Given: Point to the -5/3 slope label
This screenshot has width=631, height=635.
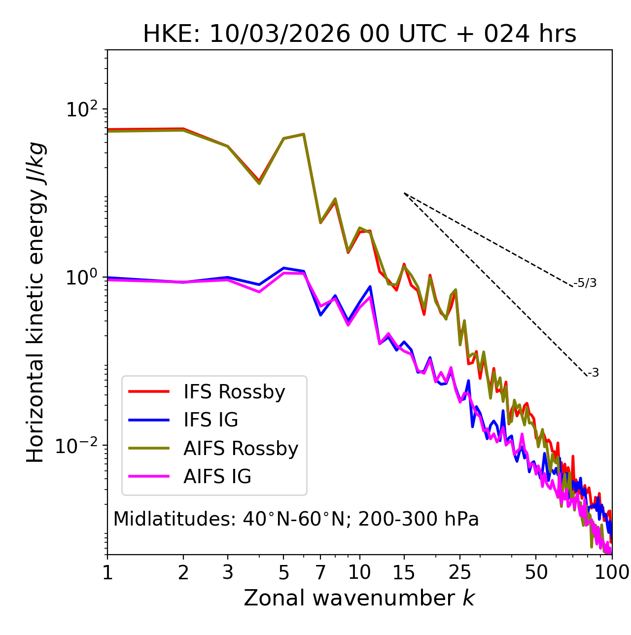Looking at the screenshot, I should coord(585,283).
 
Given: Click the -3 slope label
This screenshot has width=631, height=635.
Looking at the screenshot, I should coord(594,373).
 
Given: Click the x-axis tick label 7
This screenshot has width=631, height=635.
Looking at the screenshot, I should coord(320,572).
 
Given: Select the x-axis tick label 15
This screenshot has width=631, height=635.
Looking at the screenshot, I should coord(404,572).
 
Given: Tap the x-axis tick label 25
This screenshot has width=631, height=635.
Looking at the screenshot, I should coord(460,572).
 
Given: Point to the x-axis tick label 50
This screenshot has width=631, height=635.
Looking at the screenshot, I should coord(536,572).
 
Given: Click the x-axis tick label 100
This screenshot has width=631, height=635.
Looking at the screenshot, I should coord(611,572).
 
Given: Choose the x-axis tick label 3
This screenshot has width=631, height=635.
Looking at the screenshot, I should coord(227,572).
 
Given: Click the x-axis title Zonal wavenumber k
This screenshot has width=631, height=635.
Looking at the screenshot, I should coord(359,599).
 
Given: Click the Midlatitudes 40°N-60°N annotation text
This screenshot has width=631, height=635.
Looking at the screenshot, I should coord(296,519).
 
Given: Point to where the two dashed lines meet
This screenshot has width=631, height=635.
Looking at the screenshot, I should coord(404,193).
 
